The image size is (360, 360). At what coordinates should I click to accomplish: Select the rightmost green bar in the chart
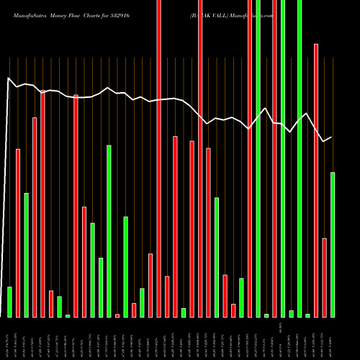tap(332, 245)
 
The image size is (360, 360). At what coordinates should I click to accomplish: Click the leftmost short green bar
tap(9, 302)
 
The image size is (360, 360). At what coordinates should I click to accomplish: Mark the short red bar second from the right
tap(324, 277)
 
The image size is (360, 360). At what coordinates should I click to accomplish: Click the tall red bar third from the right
tap(315, 180)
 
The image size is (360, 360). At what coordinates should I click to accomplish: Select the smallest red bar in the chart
tap(117, 315)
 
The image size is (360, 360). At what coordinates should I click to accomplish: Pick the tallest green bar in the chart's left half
tap(109, 230)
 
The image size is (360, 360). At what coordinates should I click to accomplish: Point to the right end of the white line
tap(332, 137)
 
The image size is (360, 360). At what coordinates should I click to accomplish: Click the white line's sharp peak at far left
tap(8, 78)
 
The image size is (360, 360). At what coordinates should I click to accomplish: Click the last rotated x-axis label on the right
tap(332, 338)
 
